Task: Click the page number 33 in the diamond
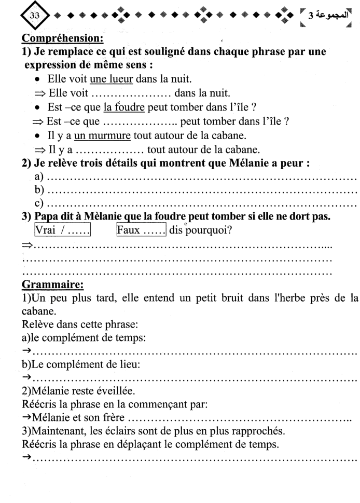(20, 15)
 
